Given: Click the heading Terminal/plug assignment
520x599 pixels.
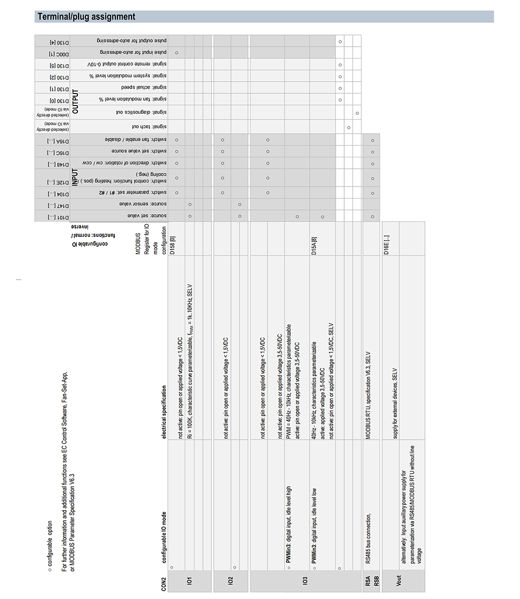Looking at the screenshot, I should coord(85,17).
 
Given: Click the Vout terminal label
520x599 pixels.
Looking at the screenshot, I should coord(399,580).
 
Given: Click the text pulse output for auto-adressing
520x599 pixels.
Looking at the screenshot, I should coord(133,41).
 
